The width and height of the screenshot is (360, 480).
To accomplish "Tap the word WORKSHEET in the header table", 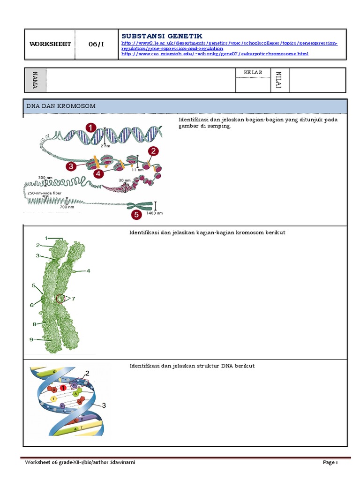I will click(x=50, y=44).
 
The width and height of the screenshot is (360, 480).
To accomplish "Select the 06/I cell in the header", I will click(x=97, y=44).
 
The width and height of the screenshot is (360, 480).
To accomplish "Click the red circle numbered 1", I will click(x=91, y=127).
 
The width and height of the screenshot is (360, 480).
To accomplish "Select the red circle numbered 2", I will click(x=153, y=151).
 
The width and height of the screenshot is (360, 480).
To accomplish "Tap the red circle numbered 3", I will click(x=71, y=166).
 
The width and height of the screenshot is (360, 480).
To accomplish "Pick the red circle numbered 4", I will click(x=98, y=173).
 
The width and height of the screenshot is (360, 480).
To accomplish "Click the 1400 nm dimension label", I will click(x=155, y=213).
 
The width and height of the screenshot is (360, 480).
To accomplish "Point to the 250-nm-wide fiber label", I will click(x=45, y=193).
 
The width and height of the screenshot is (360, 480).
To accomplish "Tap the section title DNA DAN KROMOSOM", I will click(x=61, y=106).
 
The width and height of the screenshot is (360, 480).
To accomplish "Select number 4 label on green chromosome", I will click(x=88, y=270).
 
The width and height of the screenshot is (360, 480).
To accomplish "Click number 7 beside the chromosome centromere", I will click(x=73, y=298).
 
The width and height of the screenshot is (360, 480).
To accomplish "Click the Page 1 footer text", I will click(x=330, y=463).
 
